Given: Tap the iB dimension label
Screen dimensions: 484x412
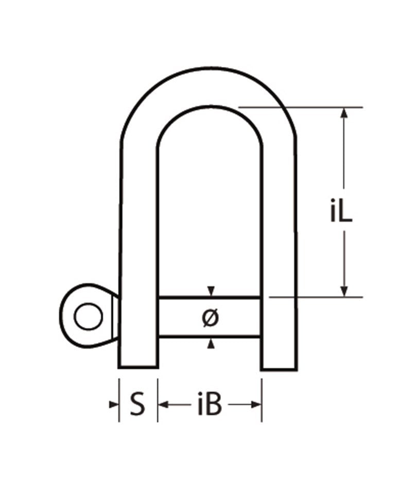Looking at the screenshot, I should coord(210,405).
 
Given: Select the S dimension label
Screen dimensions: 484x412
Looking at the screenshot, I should coord(136,405).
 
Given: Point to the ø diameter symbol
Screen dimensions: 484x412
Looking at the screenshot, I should coord(210,318).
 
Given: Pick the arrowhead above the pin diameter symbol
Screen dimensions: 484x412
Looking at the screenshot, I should coord(210,291).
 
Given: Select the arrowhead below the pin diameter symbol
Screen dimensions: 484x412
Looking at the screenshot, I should coord(210,344).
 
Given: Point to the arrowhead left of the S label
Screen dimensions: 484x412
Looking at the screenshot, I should coord(114,405).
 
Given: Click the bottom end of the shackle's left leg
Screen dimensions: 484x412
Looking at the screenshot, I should coord(138,366).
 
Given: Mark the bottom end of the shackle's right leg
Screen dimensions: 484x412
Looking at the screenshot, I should coord(279,368).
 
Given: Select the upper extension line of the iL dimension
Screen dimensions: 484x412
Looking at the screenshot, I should coord(309,107).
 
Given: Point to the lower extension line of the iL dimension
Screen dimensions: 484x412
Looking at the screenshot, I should coord(314,297).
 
